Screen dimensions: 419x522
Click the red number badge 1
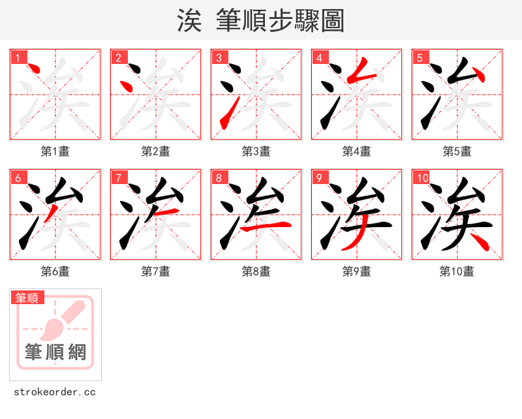coord(18,57)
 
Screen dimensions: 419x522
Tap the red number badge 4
coord(319,57)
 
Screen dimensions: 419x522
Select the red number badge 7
coord(118,178)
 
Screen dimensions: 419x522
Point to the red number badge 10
coord(422,178)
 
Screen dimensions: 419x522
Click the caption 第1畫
coord(55,151)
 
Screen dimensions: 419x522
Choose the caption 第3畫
coord(256,151)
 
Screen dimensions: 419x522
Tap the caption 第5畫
coord(457,151)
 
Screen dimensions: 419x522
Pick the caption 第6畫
coord(55,272)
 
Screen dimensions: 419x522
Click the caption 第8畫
coord(256,272)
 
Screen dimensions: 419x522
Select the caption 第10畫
coord(457,272)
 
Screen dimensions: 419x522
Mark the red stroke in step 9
coord(353,240)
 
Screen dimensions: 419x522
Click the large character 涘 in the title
coord(190,21)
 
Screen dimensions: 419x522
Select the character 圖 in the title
coord(332,21)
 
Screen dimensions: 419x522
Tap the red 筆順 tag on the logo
coord(28,298)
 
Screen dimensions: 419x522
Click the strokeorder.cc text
coord(55,392)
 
